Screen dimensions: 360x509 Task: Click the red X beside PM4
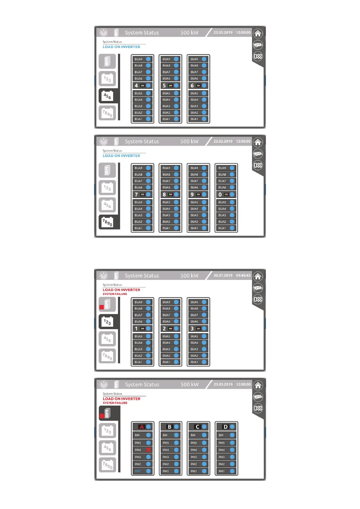(x=149, y=450)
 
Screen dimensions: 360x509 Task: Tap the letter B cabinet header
(x=169, y=427)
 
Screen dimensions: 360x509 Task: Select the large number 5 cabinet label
(x=164, y=86)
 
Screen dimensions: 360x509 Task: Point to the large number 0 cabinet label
(x=220, y=195)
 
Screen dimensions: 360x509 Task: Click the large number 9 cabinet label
(x=192, y=195)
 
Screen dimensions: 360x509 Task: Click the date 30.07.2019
(x=223, y=275)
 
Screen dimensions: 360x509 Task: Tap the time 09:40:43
(x=243, y=275)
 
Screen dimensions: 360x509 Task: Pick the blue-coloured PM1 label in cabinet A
(x=138, y=471)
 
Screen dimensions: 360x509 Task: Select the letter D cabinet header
(x=225, y=427)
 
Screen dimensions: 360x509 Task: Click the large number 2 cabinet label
(x=164, y=329)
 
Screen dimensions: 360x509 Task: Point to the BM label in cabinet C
(x=193, y=435)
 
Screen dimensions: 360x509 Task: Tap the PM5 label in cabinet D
(x=222, y=443)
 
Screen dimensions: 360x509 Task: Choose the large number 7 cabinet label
(x=136, y=195)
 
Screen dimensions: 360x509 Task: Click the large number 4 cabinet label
(x=136, y=86)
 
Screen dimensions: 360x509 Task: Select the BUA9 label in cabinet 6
(x=194, y=59)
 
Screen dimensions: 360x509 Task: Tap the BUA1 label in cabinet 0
(x=222, y=228)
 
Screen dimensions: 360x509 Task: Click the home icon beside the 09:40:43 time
(x=258, y=277)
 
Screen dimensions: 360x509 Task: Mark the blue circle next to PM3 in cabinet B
(x=176, y=457)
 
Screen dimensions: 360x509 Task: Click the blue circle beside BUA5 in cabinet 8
(x=176, y=202)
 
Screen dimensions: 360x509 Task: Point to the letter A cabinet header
(x=142, y=427)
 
